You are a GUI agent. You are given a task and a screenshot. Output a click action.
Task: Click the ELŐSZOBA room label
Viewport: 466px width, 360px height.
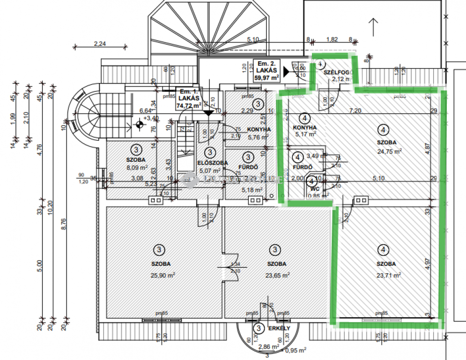[212, 163]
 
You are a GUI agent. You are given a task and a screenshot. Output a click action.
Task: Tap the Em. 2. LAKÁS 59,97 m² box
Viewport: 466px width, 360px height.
[267, 71]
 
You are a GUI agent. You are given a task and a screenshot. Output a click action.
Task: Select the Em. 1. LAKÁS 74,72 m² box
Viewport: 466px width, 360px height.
[188, 99]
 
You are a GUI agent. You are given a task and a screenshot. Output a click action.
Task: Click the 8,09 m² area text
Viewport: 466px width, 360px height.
[137, 167]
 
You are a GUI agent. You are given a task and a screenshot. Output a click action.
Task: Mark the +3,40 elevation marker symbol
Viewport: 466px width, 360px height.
[139, 125]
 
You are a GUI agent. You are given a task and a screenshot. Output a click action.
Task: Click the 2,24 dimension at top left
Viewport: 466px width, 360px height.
[101, 44]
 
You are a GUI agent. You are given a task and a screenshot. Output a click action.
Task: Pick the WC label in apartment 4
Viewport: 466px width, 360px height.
[314, 189]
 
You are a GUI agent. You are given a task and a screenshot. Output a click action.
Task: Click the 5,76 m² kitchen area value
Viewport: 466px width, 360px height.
[258, 138]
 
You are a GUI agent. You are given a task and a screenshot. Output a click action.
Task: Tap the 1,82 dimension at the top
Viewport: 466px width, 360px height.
[332, 40]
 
